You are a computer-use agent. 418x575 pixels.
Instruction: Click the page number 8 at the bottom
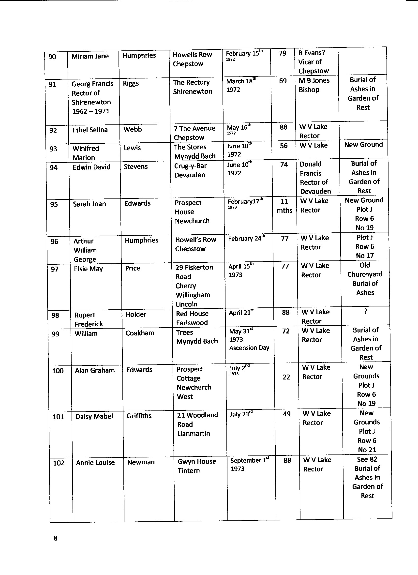pos(56,538)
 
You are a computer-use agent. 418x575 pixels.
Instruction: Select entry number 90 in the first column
pos(52,57)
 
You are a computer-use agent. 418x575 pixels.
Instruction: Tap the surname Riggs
pos(131,83)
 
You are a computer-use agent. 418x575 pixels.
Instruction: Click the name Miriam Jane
pos(90,56)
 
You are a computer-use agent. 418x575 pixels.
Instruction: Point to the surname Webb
pos(132,129)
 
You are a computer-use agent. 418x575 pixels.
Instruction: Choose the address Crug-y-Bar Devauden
pos(190,170)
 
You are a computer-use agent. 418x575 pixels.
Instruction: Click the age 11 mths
pos(284,206)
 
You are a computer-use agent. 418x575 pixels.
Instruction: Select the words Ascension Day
pos(249,348)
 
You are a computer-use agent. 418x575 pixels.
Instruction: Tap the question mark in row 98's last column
pos(365,312)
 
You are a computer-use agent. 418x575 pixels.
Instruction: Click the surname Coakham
pos(140,333)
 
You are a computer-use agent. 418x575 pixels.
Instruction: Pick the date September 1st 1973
pos(249,464)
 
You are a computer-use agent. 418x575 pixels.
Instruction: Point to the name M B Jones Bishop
pos(314,85)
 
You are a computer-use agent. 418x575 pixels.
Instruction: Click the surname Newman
pos(141,462)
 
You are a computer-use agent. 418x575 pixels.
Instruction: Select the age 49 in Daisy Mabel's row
pos(286,414)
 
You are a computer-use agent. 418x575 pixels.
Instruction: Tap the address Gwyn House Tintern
pos(196,466)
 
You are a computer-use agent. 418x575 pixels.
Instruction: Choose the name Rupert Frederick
pos(89,319)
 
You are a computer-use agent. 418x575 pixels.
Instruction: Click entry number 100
pos(58,371)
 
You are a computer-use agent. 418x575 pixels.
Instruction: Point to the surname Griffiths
pos(139,416)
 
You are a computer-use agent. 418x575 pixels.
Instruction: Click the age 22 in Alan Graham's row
pos(286,377)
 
